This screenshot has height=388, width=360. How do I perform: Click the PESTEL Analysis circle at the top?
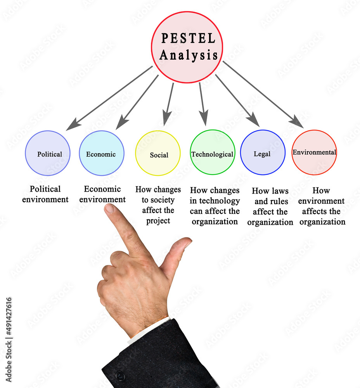(x=187, y=47)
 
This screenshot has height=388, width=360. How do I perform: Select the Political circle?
(x=48, y=153)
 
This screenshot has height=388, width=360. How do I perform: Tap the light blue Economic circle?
(x=102, y=153)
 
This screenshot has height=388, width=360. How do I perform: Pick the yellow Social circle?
(x=158, y=153)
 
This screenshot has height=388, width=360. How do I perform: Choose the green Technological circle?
(x=212, y=152)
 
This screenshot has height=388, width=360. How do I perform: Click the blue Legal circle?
(x=263, y=152)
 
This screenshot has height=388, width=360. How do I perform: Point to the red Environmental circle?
(x=314, y=152)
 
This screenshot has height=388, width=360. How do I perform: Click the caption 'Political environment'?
(x=45, y=194)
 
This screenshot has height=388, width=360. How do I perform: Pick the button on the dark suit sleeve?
(x=120, y=376)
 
